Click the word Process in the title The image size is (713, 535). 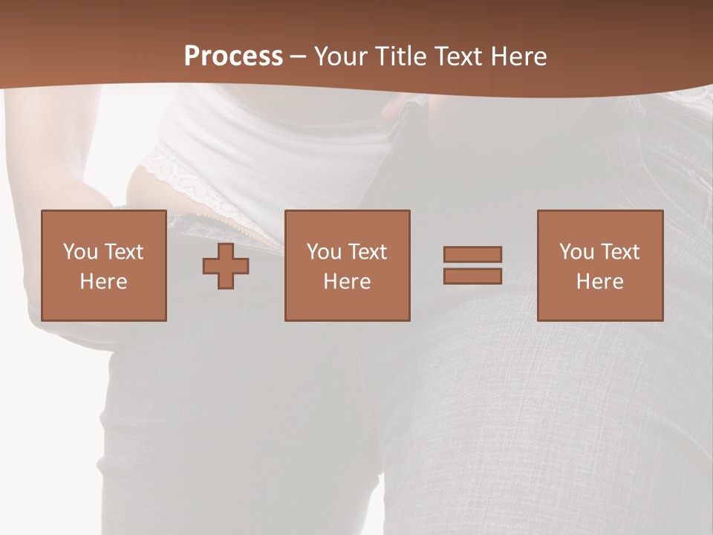click(x=233, y=56)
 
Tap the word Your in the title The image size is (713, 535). click(x=340, y=56)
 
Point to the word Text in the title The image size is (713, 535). click(x=455, y=56)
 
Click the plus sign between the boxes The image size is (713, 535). click(x=226, y=266)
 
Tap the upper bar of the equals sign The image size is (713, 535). click(x=472, y=254)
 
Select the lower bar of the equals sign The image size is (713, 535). click(x=472, y=276)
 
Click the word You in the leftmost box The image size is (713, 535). click(x=80, y=252)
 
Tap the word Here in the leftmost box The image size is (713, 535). click(x=103, y=282)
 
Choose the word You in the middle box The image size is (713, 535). click(x=324, y=252)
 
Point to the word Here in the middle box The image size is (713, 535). click(x=347, y=282)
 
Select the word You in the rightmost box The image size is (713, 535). click(x=576, y=252)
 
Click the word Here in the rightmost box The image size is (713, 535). click(x=599, y=282)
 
